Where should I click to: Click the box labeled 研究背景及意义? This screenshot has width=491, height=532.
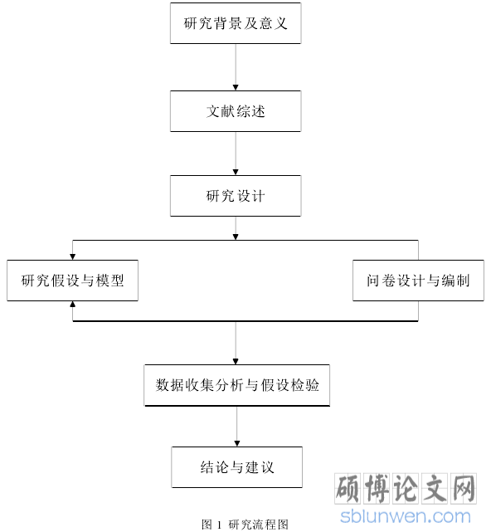pyautogui.click(x=236, y=23)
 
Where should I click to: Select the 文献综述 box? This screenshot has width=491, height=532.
pyautogui.click(x=236, y=111)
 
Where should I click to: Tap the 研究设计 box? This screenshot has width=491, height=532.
pyautogui.click(x=236, y=196)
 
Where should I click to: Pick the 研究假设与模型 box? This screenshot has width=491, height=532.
pyautogui.click(x=72, y=281)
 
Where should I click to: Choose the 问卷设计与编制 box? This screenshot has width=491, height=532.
pyautogui.click(x=419, y=281)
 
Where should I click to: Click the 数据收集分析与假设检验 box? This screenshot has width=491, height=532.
pyautogui.click(x=237, y=385)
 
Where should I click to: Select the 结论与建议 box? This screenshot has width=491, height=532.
pyautogui.click(x=237, y=467)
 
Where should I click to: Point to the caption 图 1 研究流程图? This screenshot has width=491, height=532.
pyautogui.click(x=245, y=525)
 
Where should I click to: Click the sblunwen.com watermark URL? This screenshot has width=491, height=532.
pyautogui.click(x=406, y=516)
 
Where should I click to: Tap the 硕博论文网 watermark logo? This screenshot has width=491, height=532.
pyautogui.click(x=406, y=489)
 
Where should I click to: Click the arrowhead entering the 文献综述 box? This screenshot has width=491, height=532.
pyautogui.click(x=236, y=87)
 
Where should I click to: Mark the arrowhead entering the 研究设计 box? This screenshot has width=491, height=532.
pyautogui.click(x=236, y=173)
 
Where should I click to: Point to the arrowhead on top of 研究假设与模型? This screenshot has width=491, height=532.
pyautogui.click(x=72, y=256)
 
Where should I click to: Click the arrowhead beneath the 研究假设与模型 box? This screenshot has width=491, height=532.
pyautogui.click(x=72, y=304)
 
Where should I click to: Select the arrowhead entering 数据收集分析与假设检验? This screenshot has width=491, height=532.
pyautogui.click(x=236, y=362)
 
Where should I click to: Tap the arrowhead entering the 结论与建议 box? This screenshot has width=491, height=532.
pyautogui.click(x=237, y=444)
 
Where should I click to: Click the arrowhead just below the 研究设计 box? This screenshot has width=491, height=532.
pyautogui.click(x=236, y=237)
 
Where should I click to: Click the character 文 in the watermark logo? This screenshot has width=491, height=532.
pyautogui.click(x=434, y=489)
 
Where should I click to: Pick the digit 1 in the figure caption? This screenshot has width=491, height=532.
pyautogui.click(x=219, y=525)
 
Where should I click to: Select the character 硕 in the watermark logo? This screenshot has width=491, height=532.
pyautogui.click(x=348, y=489)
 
